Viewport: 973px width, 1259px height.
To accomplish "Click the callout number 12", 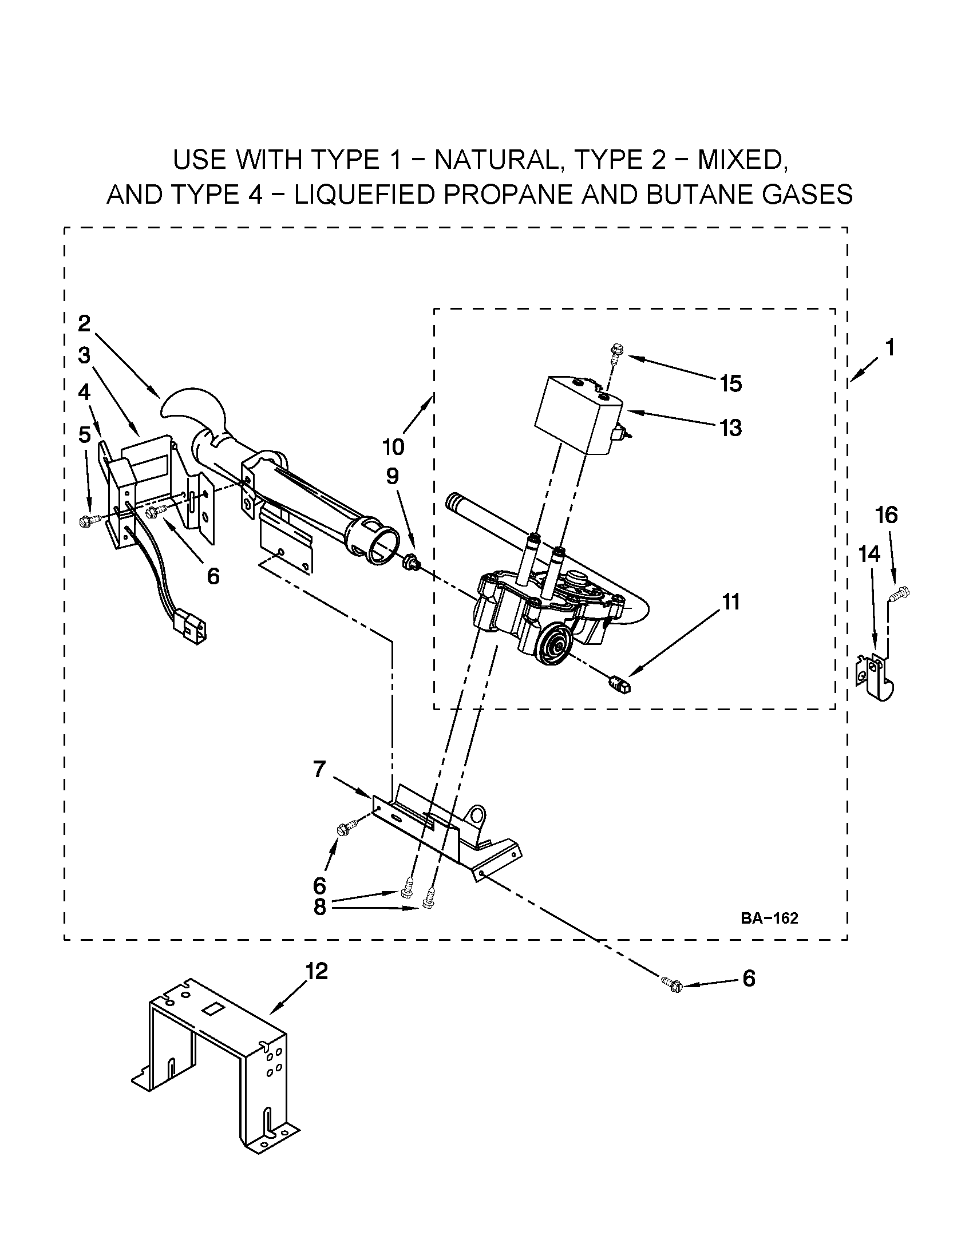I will (317, 971).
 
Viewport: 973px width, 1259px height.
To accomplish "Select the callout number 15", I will (731, 383).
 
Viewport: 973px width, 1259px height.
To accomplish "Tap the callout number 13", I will (731, 427).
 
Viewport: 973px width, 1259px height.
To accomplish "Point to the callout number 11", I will (731, 602).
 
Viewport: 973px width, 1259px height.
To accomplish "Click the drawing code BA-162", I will (769, 919).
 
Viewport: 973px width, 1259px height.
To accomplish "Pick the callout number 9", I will (392, 476).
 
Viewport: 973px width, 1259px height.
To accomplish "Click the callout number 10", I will (393, 446).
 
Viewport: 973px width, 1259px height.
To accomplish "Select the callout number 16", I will (887, 514).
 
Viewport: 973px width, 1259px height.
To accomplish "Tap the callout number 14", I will (869, 554).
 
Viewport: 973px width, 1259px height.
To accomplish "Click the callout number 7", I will (320, 769).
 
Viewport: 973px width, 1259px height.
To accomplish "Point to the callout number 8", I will (320, 907).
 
